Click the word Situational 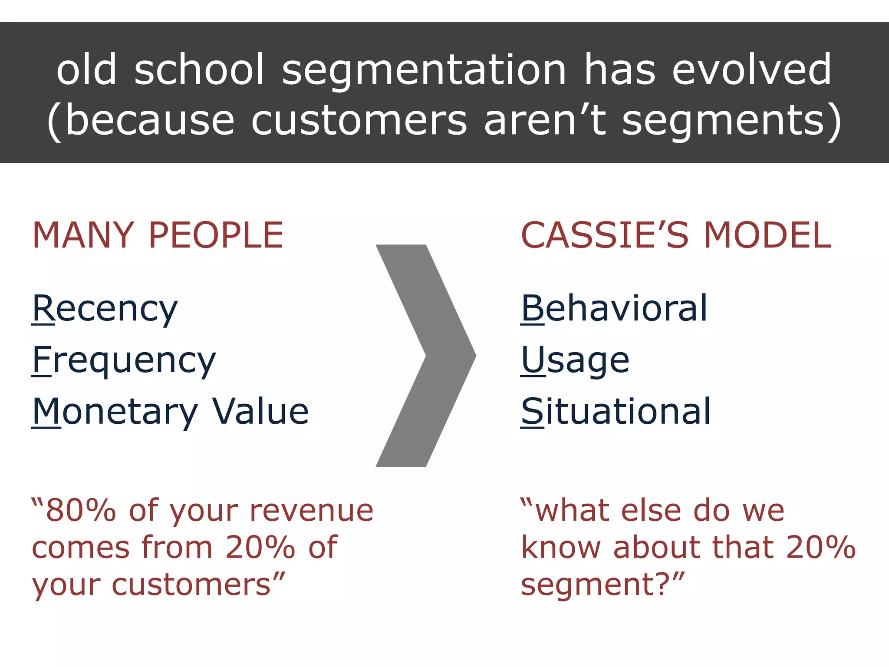tap(616, 412)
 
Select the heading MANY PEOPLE tap(158, 235)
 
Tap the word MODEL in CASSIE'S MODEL tap(767, 235)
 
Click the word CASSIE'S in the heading tap(604, 235)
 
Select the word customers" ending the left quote tap(198, 584)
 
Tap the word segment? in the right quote tap(602, 584)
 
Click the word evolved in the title tap(751, 69)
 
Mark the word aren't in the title tap(544, 120)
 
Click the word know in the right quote tap(561, 547)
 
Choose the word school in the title tap(199, 69)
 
